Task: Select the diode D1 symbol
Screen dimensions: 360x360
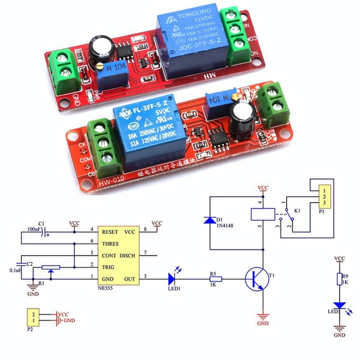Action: point(209,220)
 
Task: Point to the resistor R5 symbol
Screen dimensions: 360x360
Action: point(215,279)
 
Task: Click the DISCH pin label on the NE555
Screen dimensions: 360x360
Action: point(127,256)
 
